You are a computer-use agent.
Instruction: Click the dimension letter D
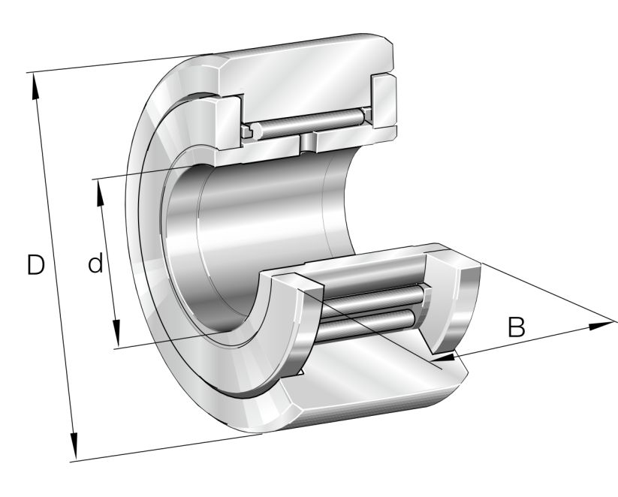point(35,265)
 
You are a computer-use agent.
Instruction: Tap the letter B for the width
point(516,327)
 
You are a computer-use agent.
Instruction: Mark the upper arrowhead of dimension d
point(99,188)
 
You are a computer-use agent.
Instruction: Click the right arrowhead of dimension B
point(604,325)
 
